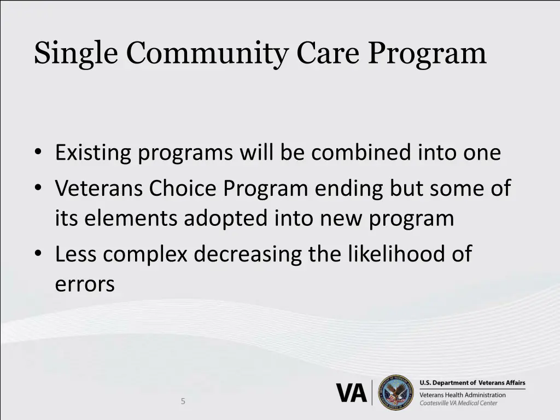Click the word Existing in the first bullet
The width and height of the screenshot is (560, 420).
[x=93, y=153]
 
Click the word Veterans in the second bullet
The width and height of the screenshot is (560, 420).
[x=98, y=189]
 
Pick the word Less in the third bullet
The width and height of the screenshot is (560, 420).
[x=75, y=254]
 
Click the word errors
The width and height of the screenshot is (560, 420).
[x=85, y=284]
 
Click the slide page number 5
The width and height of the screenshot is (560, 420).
[x=183, y=401]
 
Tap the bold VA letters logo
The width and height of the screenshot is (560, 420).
[x=351, y=393]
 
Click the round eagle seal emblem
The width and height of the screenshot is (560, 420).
[x=396, y=392]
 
